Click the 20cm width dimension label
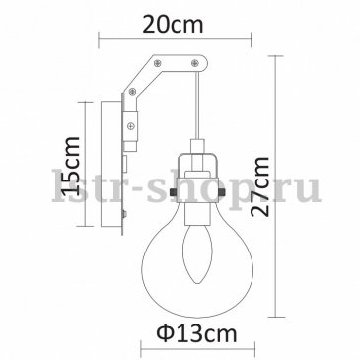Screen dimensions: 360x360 (173, 24)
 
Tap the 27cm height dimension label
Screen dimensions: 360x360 (259, 186)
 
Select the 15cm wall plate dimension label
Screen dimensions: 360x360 (70, 165)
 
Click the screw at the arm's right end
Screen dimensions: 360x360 (195, 62)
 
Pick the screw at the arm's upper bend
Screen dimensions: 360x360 (158, 62)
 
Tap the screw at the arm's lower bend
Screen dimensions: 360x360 (133, 91)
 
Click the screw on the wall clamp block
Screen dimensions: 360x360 (131, 125)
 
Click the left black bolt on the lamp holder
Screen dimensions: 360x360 (173, 191)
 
